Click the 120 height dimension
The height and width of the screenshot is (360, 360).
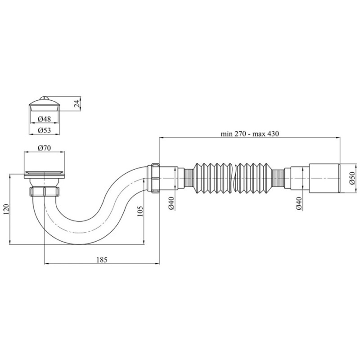tap(5, 210)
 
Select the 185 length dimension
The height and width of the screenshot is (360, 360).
tap(102, 260)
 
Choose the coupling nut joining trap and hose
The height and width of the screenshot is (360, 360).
tap(153, 179)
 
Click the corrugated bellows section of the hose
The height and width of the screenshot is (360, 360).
tap(234, 179)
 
